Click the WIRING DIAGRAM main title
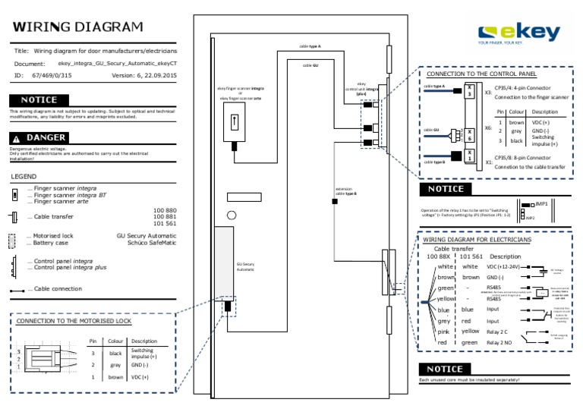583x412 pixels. pyautogui.click(x=77, y=28)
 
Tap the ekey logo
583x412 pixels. pyautogui.click(x=519, y=34)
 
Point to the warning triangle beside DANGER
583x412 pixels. pyautogui.click(x=15, y=138)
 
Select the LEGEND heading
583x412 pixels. pyautogui.click(x=24, y=176)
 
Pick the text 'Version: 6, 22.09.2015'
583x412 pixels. pyautogui.click(x=144, y=76)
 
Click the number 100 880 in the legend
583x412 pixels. pyautogui.click(x=165, y=210)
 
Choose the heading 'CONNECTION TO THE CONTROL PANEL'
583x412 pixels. pyautogui.click(x=481, y=74)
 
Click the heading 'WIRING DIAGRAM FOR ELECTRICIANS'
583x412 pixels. pyautogui.click(x=477, y=240)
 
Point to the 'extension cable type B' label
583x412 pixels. pyautogui.click(x=346, y=190)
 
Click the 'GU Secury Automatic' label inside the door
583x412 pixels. pyautogui.click(x=245, y=267)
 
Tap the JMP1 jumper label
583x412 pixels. pyautogui.click(x=541, y=204)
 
